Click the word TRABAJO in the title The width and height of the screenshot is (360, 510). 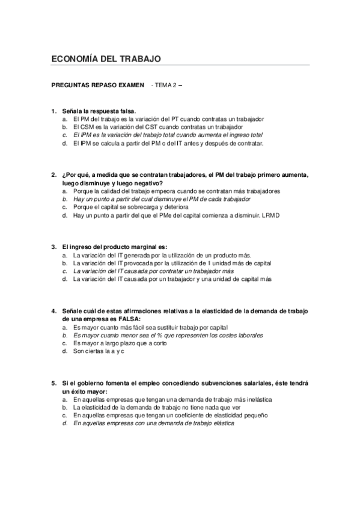pos(139,59)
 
